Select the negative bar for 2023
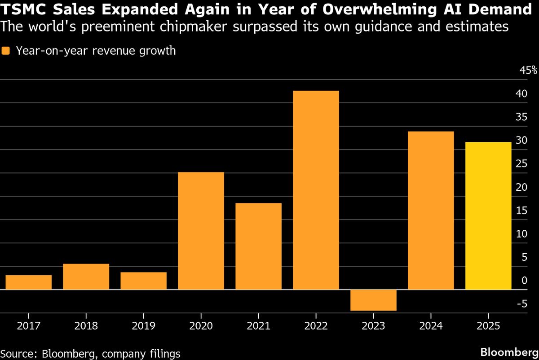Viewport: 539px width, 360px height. (373, 300)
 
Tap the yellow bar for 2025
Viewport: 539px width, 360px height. (488, 215)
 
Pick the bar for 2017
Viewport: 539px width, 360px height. (29, 282)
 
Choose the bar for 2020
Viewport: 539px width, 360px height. (201, 231)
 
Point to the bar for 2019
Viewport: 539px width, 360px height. (143, 281)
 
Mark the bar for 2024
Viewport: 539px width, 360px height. (431, 210)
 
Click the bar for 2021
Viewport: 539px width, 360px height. (258, 246)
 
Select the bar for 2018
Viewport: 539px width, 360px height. (86, 277)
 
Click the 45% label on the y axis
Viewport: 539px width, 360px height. (528, 70)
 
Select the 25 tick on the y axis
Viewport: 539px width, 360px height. (521, 164)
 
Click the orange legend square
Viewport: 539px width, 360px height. (5, 51)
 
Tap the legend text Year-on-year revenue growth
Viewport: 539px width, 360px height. (96, 51)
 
